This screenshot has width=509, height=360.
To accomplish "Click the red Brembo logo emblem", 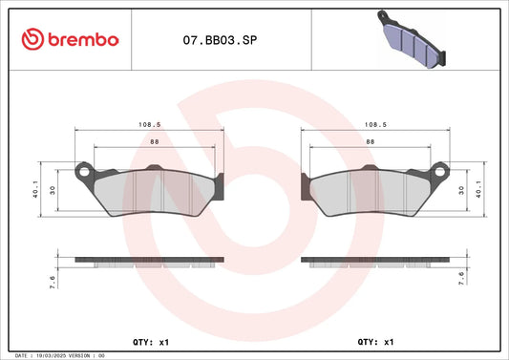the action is point(32,39).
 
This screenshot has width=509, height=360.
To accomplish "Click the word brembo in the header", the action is point(83,39).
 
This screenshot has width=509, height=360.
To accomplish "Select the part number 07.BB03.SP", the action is point(220,40).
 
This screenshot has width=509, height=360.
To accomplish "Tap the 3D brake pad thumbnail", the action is point(412,39).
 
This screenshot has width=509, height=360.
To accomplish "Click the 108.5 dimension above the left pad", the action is point(150,125).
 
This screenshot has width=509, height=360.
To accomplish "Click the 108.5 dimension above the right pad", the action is point(375,125).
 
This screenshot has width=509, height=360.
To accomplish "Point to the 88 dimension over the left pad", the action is point(155,142).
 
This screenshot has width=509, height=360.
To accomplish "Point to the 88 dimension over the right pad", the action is point(371,142).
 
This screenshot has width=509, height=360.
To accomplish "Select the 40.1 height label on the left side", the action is point(35,189).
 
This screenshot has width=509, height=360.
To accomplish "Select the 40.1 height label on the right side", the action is point(478,189).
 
